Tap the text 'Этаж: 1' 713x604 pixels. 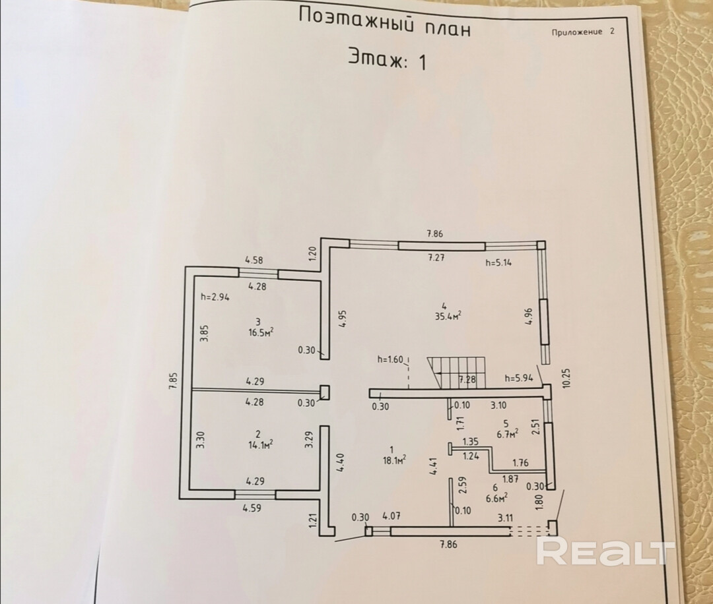pyautogui.click(x=388, y=61)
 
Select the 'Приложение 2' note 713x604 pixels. pyautogui.click(x=583, y=32)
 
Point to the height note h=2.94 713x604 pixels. pyautogui.click(x=215, y=297)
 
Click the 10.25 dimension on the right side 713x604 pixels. pyautogui.click(x=566, y=378)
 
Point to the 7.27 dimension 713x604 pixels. pyautogui.click(x=435, y=258)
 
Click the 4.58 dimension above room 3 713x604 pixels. pyautogui.click(x=255, y=260)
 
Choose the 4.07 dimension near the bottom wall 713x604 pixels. pyautogui.click(x=392, y=516)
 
